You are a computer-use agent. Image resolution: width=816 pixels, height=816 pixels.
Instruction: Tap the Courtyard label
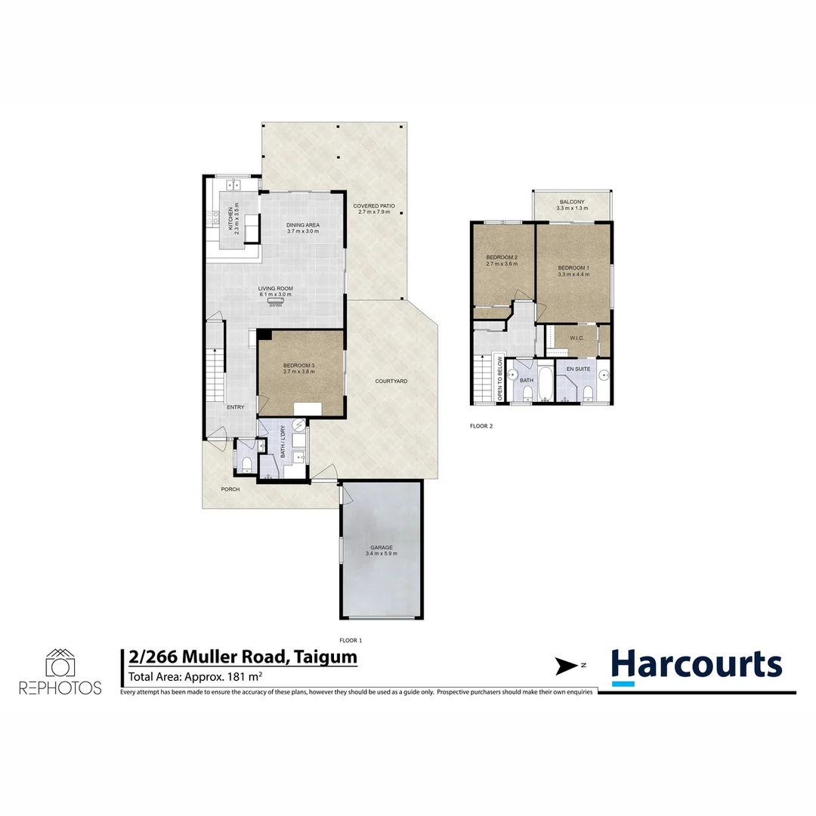tap(391, 381)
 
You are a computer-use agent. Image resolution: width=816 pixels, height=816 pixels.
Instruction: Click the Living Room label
tap(275, 288)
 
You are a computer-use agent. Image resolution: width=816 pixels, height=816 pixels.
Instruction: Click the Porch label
tap(230, 489)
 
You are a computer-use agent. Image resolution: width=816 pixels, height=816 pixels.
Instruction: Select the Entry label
tap(235, 407)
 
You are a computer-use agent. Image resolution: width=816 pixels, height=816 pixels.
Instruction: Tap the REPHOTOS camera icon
tap(60, 663)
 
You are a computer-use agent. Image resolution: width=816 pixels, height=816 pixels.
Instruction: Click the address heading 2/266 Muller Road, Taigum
tap(240, 657)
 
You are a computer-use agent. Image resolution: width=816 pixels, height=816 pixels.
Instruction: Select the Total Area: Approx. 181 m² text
tap(196, 676)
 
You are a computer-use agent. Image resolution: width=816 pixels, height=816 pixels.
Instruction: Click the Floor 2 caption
tap(481, 426)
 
